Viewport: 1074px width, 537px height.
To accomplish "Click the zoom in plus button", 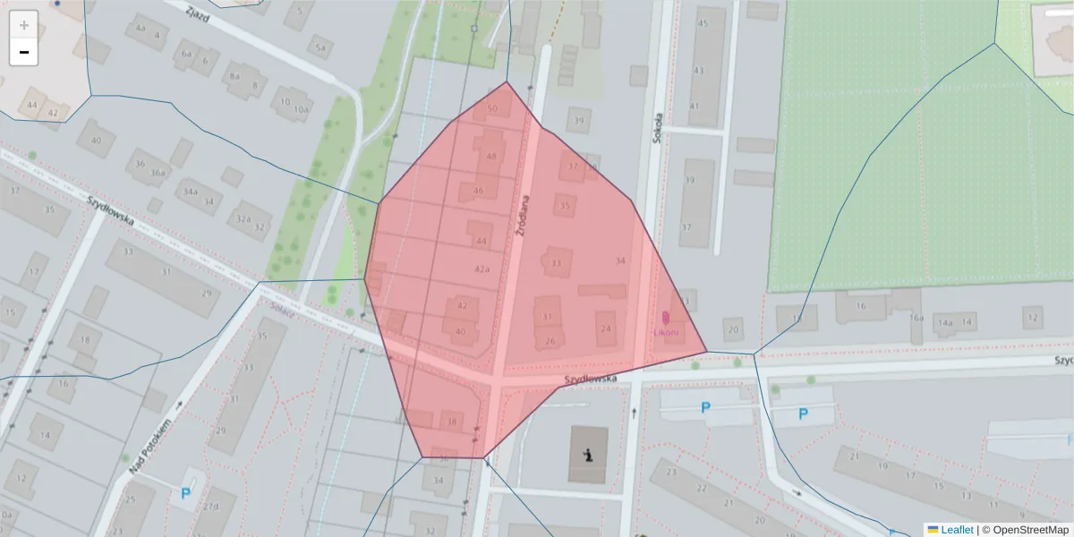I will (x=24, y=25).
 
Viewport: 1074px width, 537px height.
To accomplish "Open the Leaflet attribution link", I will (x=957, y=530).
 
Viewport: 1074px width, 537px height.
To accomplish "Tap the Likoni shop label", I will (x=666, y=332).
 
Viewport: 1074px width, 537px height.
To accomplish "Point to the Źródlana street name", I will (x=524, y=217).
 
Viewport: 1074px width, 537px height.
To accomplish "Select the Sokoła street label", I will (x=657, y=127).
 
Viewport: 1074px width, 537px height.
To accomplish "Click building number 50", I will (x=492, y=109).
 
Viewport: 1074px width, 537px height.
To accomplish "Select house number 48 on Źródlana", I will (x=490, y=156).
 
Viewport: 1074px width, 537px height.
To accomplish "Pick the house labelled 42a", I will (x=482, y=268).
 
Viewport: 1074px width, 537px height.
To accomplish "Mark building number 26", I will (x=550, y=341).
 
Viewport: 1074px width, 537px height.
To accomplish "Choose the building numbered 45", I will (x=702, y=23).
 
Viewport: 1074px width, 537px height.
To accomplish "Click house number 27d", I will (x=210, y=507).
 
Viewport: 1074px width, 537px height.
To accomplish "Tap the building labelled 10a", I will (x=302, y=110).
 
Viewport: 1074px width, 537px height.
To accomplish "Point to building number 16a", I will (x=916, y=318).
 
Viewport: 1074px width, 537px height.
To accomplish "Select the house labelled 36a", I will (x=158, y=173).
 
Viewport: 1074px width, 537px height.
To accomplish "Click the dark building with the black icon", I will (x=588, y=455).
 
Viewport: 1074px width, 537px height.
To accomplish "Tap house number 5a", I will (x=320, y=48).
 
